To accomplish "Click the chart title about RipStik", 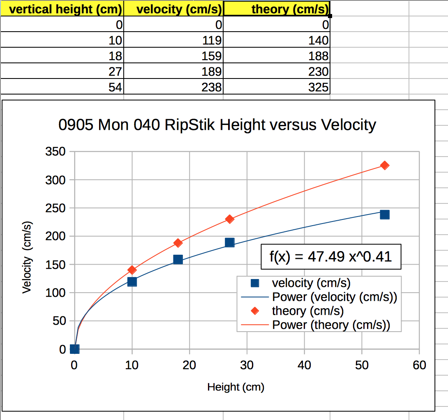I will point(217,125).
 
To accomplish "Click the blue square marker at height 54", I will point(385,215).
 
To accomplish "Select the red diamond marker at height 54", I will point(385,165).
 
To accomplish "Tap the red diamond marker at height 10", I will point(132,270).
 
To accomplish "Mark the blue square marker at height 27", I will point(230,242).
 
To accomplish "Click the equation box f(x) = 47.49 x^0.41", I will point(330,257).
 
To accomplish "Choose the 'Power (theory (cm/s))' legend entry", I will point(331,325).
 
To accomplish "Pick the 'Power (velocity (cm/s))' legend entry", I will point(335,297).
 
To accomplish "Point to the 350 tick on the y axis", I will point(56,152).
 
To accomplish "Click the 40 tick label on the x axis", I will point(304,365).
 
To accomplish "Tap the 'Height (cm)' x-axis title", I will point(236,387).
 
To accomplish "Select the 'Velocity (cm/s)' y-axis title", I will point(27,258).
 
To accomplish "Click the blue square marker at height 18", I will point(178,259).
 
